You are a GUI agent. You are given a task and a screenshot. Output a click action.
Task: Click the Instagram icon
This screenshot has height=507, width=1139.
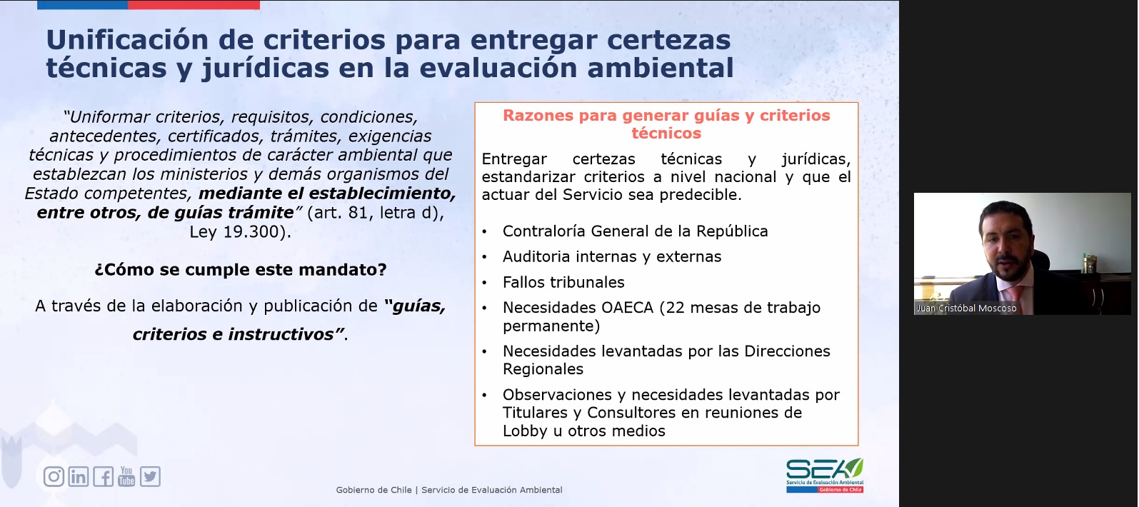tap(54, 476)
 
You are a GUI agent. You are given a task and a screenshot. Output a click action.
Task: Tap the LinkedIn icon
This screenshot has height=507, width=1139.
tap(79, 476)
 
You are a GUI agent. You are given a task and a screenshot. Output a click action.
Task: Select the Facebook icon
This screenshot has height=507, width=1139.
tap(104, 476)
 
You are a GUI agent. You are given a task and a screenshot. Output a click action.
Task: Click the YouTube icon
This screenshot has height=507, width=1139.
tap(126, 476)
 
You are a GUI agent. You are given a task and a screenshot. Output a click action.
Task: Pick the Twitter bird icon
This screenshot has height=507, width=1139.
tap(150, 476)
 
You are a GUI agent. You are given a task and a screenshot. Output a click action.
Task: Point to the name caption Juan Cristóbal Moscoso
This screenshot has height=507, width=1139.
tap(967, 308)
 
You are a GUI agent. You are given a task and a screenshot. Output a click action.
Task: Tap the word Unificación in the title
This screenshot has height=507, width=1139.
tap(127, 40)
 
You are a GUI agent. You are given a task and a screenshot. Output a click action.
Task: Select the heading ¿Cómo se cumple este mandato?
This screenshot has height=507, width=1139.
tap(241, 269)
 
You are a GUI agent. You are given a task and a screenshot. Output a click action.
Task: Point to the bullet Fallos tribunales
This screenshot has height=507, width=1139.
tap(563, 282)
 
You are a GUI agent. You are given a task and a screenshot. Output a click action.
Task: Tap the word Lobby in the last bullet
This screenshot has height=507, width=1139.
tap(526, 431)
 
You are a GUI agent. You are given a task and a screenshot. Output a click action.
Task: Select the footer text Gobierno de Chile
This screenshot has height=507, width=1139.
tap(373, 490)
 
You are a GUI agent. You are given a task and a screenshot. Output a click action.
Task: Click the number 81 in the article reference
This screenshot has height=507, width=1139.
tap(358, 213)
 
